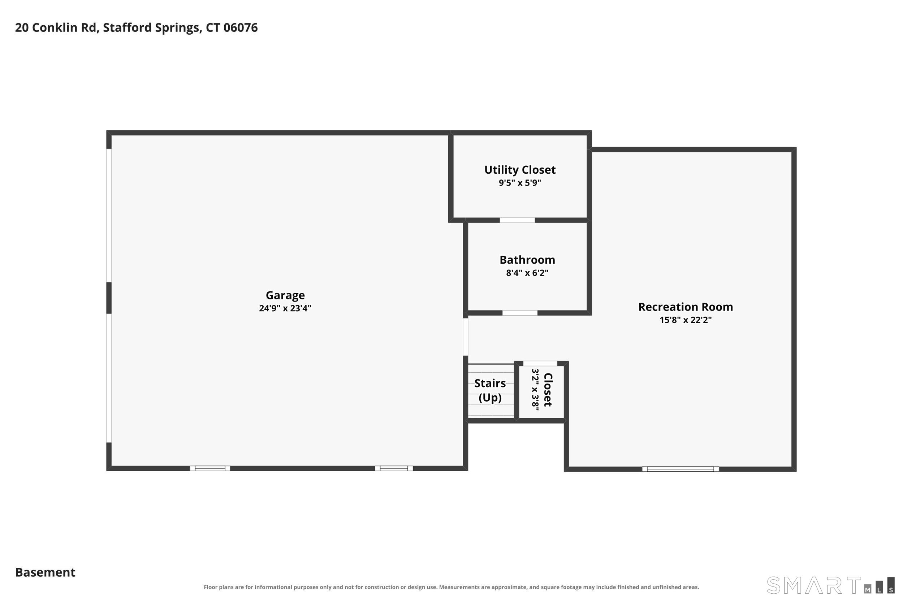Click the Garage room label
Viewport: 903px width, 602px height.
click(x=285, y=295)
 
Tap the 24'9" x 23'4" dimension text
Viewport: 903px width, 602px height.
click(x=285, y=308)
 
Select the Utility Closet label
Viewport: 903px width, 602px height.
click(x=520, y=170)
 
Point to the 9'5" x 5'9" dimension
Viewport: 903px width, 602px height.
click(x=520, y=183)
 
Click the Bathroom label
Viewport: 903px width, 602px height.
click(x=527, y=260)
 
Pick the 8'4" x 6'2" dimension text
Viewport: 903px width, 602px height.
click(x=527, y=273)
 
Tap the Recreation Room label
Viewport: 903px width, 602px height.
click(x=685, y=307)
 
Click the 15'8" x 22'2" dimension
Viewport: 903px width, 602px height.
click(x=685, y=320)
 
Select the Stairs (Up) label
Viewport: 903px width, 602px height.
click(x=490, y=390)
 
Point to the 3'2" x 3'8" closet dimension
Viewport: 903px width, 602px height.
click(x=535, y=389)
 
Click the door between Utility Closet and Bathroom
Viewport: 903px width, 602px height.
click(x=517, y=220)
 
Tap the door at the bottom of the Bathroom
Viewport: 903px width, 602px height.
click(x=520, y=313)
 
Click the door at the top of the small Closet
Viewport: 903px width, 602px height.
click(x=540, y=364)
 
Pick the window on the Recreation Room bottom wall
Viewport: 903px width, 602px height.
click(x=681, y=469)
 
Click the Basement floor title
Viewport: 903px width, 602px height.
click(x=45, y=572)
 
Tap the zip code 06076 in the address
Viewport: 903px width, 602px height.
click(x=240, y=28)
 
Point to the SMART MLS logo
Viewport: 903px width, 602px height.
click(x=831, y=585)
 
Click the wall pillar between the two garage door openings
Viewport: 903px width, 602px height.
click(x=109, y=298)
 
